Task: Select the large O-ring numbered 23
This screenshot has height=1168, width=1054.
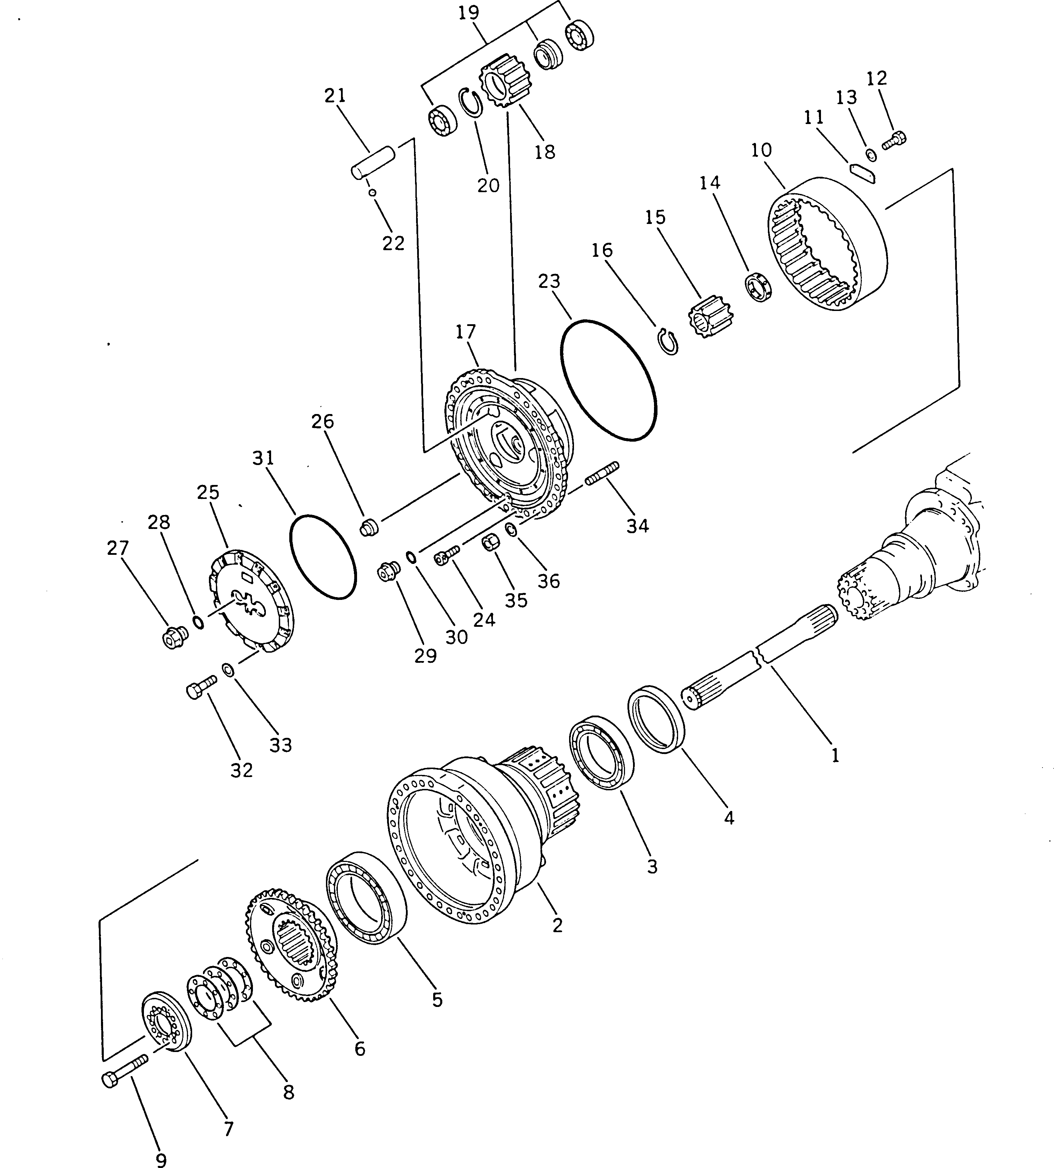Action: tap(609, 380)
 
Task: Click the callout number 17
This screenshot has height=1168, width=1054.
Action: tap(466, 332)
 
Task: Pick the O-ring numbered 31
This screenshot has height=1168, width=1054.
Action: tap(322, 556)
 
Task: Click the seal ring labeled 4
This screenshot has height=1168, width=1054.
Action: tap(656, 719)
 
